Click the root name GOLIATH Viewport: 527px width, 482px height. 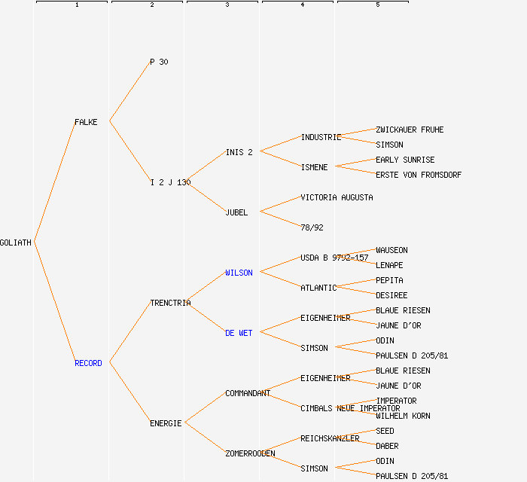coord(16,243)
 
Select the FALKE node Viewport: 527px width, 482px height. coord(86,122)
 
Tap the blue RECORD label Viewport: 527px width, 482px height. coord(88,363)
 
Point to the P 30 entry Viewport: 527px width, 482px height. coord(159,62)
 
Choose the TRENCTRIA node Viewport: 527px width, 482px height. coord(170,303)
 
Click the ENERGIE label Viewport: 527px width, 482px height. coord(166,423)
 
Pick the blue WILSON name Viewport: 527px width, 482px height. coord(239,273)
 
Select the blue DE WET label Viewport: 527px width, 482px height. coord(239,333)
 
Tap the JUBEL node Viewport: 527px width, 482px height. coord(236,212)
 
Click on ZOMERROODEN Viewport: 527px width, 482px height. coord(250,453)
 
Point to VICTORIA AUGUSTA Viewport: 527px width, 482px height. coord(337,197)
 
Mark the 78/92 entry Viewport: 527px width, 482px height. coord(312,227)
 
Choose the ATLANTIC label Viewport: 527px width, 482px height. coord(318,288)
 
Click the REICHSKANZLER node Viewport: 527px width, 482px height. coord(330,438)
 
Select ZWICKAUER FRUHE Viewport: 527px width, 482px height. coord(410,130)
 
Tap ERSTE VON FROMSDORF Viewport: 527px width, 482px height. coord(419,175)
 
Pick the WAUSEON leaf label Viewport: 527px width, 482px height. coord(391,250)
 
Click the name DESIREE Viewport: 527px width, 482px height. coord(391,295)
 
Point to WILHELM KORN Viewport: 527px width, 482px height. coord(403,416)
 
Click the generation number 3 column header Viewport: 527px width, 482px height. coord(227,5)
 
